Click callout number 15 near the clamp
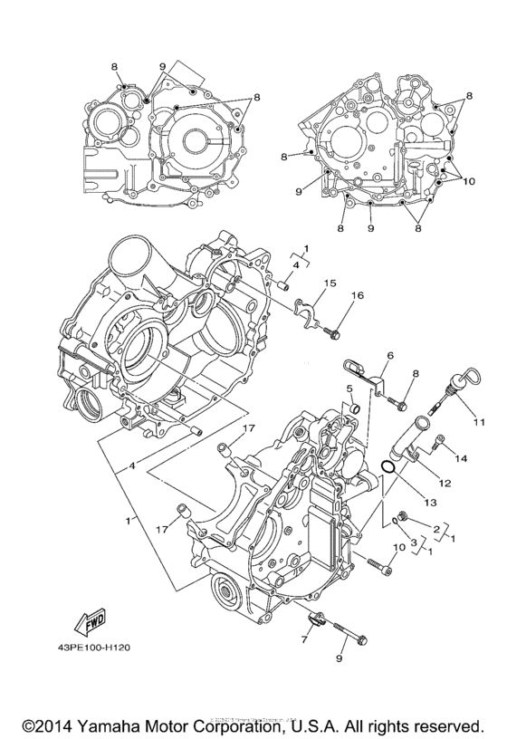coord(330,283)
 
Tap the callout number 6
coord(390,356)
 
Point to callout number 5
coord(348,389)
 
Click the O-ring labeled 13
coord(386,467)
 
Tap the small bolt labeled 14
coord(439,443)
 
